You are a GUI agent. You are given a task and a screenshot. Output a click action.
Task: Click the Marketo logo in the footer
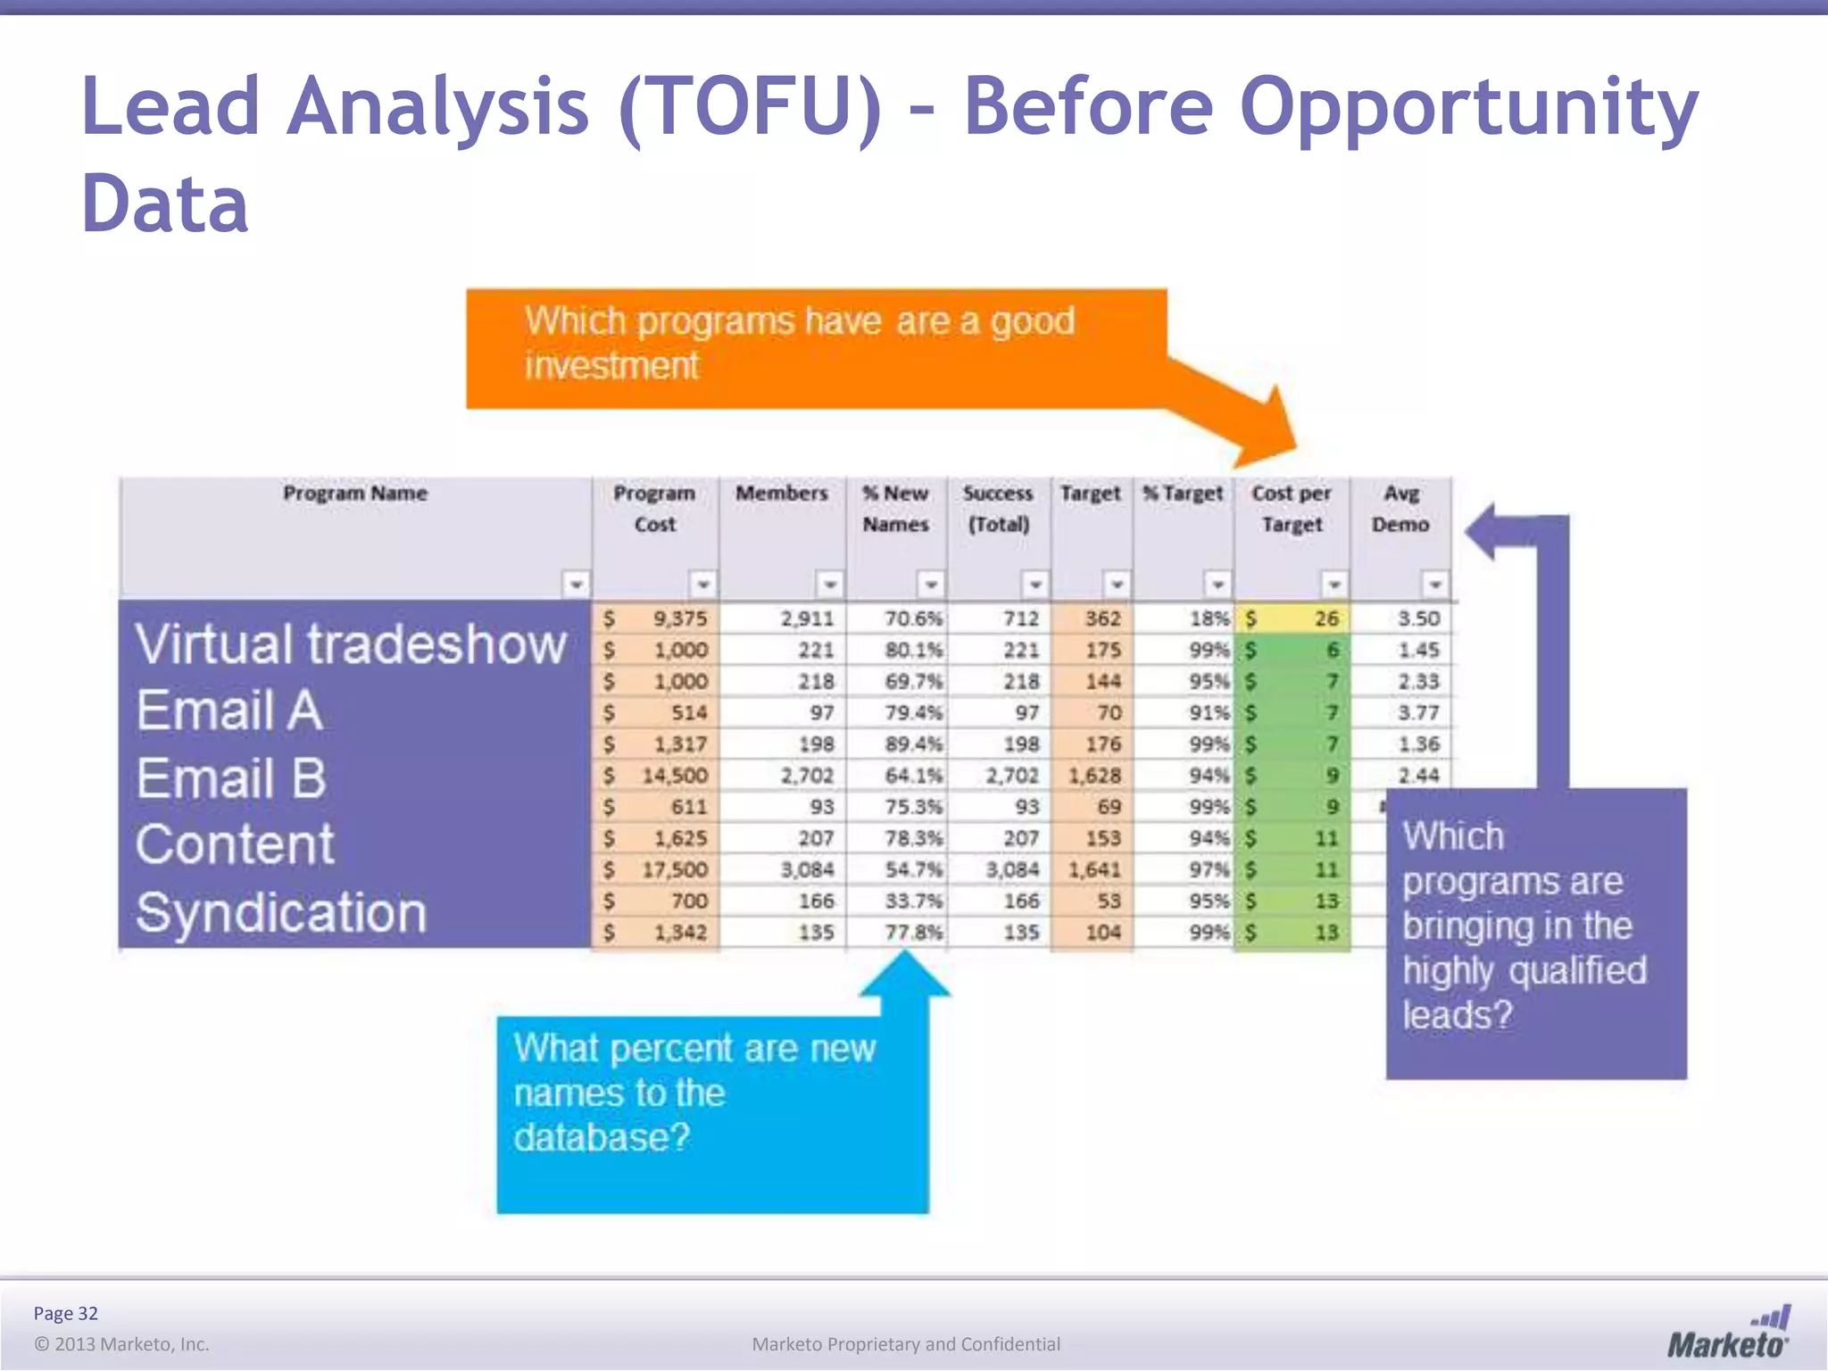tap(1728, 1334)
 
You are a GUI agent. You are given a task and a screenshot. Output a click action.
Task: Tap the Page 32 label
tap(65, 1313)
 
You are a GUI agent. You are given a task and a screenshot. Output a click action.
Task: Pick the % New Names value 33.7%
tap(912, 901)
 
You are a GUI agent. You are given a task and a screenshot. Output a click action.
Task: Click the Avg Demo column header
tap(1400, 509)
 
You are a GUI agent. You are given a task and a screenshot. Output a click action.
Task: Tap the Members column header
tap(781, 494)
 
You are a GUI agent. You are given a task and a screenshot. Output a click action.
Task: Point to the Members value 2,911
tap(807, 619)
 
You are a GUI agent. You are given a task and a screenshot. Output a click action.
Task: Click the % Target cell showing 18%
tap(1209, 619)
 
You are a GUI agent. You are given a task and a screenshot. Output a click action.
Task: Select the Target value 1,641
tap(1094, 869)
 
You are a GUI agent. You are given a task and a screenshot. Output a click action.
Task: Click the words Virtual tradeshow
tap(351, 644)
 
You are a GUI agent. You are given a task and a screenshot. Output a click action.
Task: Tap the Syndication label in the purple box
tap(281, 913)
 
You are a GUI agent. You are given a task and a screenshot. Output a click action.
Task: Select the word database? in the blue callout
tap(602, 1138)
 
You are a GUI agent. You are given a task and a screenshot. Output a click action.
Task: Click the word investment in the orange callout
tap(611, 366)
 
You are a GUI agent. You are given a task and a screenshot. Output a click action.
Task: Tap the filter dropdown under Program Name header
tap(577, 585)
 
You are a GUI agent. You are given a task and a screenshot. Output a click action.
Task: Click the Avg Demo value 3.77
tap(1418, 712)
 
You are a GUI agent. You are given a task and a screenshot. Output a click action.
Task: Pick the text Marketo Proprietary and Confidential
tap(906, 1344)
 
